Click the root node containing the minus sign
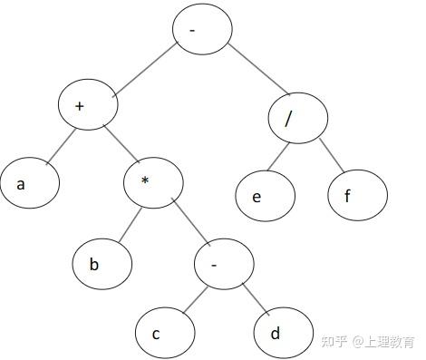point(202,29)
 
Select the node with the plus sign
point(88,104)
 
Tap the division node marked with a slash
point(298,118)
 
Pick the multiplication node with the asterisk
point(153,183)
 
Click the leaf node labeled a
point(30,183)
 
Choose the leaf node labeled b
point(102,264)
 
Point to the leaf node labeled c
point(165,333)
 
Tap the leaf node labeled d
point(284,333)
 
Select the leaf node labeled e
point(266,196)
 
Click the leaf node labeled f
point(358,195)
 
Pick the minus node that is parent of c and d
point(224,264)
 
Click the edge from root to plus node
point(145,70)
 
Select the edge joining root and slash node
point(259,70)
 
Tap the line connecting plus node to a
point(61,147)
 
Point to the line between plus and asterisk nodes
point(121,143)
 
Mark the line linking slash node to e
point(278,157)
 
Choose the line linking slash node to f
point(332,155)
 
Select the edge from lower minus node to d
point(256,298)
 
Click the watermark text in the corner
point(368,342)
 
